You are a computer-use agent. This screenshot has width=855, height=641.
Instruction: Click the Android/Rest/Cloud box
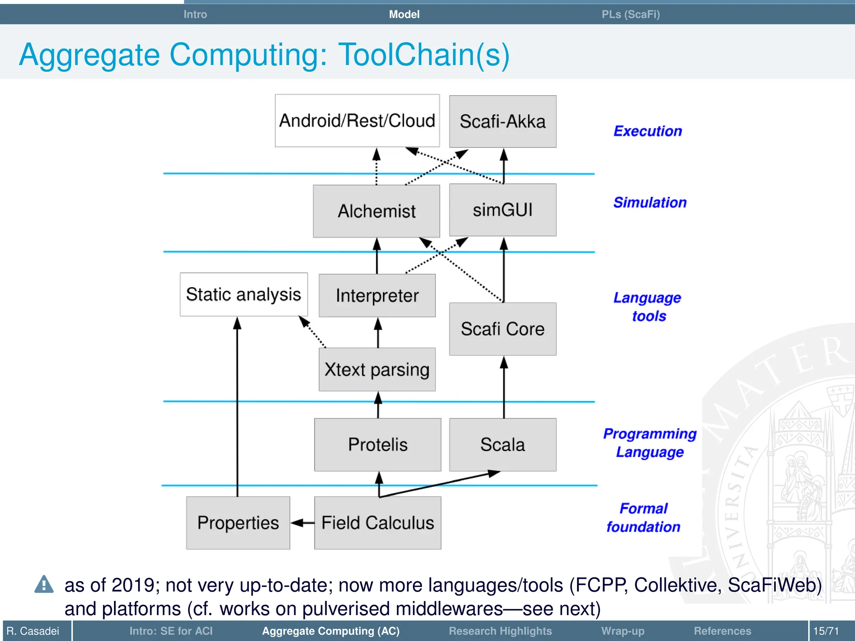357,121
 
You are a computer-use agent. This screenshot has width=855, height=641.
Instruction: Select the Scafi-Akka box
503,121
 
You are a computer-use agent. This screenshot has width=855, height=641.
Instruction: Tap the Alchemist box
377,211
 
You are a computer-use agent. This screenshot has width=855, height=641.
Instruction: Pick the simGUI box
503,210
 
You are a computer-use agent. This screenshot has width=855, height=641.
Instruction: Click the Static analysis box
243,294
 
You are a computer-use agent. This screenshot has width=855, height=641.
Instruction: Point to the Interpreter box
377,295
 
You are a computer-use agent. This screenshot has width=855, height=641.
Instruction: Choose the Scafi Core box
503,329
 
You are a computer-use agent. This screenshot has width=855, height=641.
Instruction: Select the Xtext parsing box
377,369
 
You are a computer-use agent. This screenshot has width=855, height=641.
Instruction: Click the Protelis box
377,444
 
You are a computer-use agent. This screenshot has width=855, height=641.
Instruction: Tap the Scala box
503,444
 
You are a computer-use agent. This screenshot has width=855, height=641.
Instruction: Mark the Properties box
238,522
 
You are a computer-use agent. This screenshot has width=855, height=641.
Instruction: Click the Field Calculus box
377,522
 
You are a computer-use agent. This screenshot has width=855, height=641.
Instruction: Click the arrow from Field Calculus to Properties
302,522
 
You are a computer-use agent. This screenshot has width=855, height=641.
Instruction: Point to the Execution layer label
648,131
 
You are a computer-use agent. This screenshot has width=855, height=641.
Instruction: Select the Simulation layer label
650,202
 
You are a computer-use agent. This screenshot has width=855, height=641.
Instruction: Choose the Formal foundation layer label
643,517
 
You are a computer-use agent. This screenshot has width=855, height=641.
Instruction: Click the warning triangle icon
44,585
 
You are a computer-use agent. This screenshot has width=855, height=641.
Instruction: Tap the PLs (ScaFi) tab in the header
630,14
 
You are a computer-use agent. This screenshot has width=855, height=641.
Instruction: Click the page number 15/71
826,631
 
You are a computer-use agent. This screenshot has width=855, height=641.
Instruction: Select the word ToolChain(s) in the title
424,55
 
